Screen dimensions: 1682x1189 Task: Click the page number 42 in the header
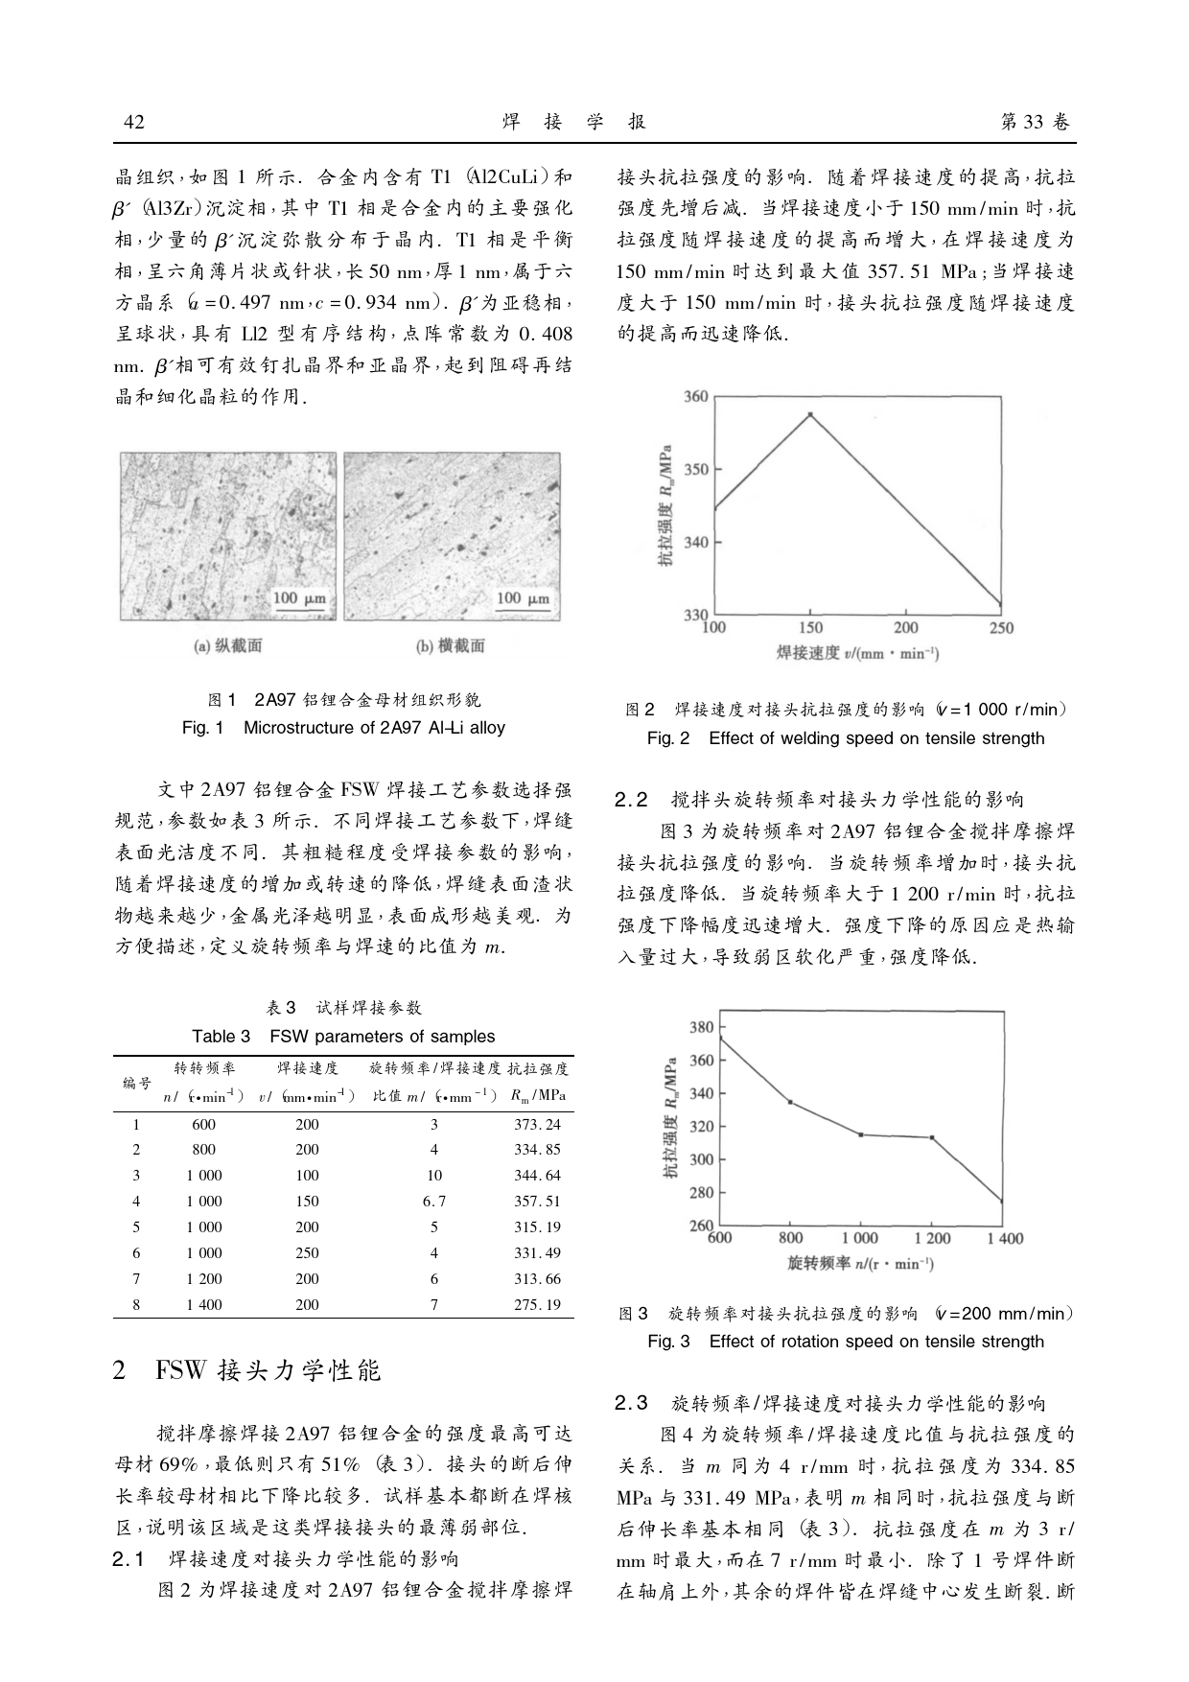(134, 122)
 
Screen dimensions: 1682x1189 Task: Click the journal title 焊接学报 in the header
(574, 122)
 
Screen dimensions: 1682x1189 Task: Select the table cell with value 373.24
(537, 1124)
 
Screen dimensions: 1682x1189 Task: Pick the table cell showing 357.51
(537, 1201)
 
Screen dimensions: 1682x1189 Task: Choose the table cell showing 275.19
(537, 1304)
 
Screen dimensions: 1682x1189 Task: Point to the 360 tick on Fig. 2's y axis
(696, 397)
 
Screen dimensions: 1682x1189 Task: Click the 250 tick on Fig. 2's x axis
(1000, 628)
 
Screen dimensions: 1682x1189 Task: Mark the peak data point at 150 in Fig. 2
(810, 414)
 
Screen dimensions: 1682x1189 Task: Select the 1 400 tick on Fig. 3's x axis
(1004, 1238)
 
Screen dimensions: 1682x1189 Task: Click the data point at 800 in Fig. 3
(790, 1102)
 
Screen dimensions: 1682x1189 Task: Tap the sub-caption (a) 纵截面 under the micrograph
(228, 645)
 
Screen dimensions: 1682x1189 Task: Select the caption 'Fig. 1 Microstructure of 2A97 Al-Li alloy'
(343, 727)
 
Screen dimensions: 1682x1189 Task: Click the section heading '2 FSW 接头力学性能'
(246, 1370)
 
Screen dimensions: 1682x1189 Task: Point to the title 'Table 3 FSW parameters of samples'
(343, 1036)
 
